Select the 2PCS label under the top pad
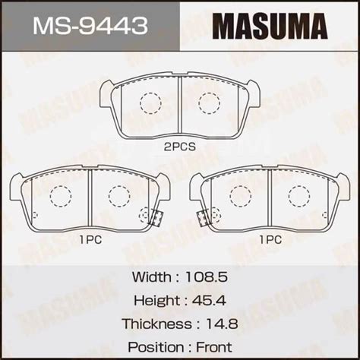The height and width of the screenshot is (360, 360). [x=179, y=148]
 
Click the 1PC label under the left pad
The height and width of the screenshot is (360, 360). [x=90, y=238]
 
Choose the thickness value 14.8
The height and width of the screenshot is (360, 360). [x=221, y=323]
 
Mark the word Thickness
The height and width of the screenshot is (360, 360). [x=155, y=323]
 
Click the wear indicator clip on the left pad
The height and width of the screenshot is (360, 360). [x=154, y=216]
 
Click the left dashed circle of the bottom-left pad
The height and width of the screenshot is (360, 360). [x=60, y=195]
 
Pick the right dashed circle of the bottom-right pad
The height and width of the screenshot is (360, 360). [x=299, y=195]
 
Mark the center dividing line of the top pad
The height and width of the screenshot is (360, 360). [x=179, y=106]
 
